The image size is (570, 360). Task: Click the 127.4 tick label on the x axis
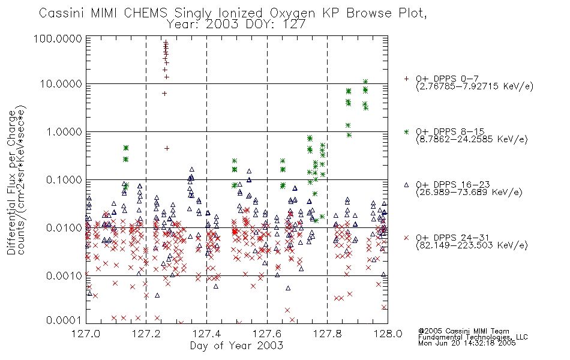coord(207,334)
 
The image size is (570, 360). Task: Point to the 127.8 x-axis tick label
coord(328,334)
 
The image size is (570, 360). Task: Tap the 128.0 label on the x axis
coord(388,334)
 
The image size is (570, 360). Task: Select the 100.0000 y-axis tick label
coord(58,38)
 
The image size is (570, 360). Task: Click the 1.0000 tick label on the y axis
coord(64,131)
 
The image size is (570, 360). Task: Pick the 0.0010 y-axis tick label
coord(64,275)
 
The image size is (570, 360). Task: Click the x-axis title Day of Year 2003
coord(236,346)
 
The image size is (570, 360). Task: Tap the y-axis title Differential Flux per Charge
coord(11,182)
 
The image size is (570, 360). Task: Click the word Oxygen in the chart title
coord(292,13)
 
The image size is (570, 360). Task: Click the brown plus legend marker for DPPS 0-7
coord(406,79)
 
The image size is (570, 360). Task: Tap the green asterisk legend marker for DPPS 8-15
coord(406,131)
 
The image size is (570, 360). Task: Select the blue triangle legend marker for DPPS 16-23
coord(406,185)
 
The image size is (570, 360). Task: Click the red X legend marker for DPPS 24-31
coord(406,238)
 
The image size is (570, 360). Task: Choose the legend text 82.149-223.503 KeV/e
coord(472,245)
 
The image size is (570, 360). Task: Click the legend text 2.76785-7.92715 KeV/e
coord(475,86)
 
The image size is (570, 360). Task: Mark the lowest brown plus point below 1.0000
coord(167,148)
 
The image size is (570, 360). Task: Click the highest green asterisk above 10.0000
coord(365,82)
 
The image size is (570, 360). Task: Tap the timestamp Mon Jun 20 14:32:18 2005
coord(467,343)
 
